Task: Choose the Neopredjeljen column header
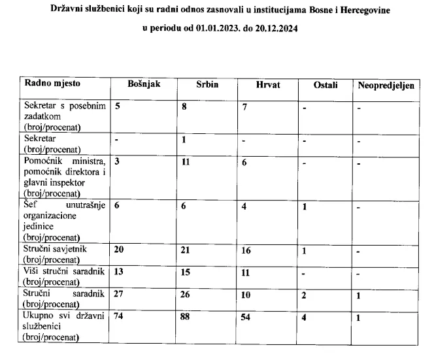click(x=386, y=86)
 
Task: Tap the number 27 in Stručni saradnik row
click(x=120, y=295)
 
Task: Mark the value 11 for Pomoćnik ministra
click(x=186, y=161)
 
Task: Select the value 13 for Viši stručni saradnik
click(x=120, y=272)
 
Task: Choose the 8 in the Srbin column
click(x=184, y=106)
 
